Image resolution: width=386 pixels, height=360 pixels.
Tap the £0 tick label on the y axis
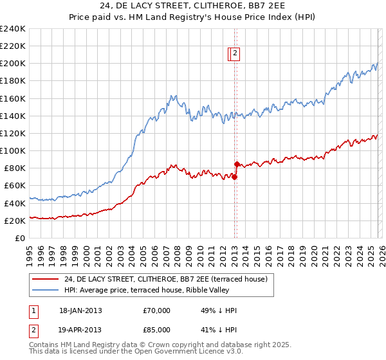(21, 238)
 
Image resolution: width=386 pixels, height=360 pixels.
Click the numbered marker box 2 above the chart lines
(235, 55)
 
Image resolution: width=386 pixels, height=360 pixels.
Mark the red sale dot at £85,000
(237, 164)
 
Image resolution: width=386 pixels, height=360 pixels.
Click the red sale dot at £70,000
(234, 177)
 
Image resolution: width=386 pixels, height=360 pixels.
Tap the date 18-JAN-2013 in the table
(80, 310)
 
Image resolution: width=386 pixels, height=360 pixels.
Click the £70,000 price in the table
(157, 310)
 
